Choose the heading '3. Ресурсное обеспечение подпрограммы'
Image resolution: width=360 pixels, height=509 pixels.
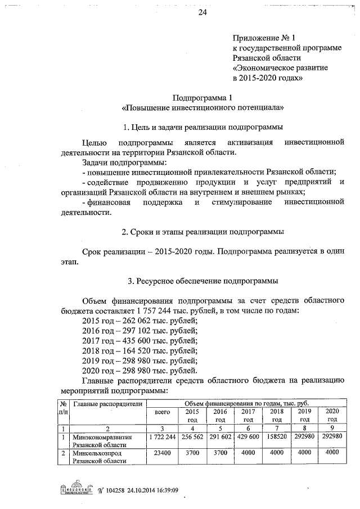point(202,280)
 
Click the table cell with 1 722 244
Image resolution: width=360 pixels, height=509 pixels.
point(162,436)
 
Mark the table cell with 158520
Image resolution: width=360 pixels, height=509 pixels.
point(276,436)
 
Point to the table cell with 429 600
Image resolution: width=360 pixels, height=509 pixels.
point(247,436)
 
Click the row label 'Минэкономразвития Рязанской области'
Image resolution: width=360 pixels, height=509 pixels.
point(102,440)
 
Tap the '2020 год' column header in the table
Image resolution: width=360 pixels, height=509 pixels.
point(332,416)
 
